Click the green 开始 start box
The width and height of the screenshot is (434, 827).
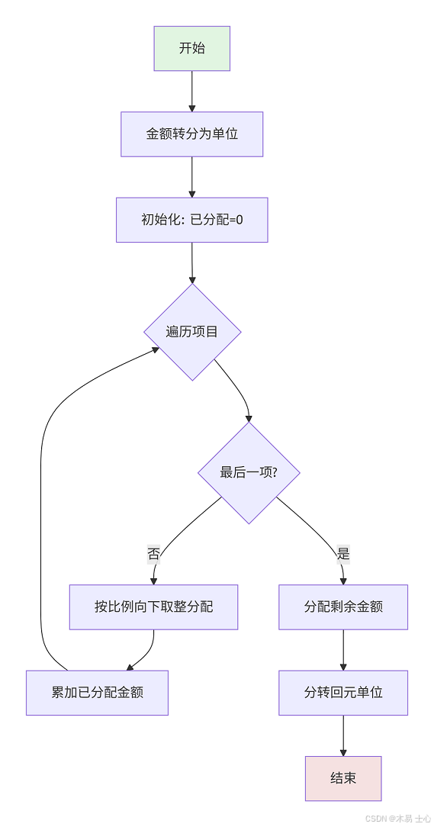click(191, 49)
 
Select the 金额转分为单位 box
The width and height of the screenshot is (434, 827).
click(191, 134)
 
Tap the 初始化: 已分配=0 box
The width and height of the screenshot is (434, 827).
click(191, 220)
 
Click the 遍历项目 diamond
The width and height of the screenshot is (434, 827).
click(192, 332)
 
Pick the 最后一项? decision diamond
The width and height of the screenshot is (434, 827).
click(249, 472)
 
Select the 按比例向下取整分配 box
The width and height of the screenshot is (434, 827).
click(153, 607)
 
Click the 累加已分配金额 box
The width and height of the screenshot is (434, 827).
click(97, 693)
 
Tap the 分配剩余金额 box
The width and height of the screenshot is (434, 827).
click(343, 607)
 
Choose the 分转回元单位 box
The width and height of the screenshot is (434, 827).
click(343, 693)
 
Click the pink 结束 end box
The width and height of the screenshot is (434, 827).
click(343, 778)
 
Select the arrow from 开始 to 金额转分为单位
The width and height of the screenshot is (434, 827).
click(191, 92)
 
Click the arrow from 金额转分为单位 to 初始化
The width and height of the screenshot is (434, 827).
click(191, 177)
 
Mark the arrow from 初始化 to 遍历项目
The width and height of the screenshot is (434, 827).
click(191, 263)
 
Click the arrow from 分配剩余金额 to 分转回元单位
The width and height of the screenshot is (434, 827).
click(343, 650)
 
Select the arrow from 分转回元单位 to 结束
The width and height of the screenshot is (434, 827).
click(343, 735)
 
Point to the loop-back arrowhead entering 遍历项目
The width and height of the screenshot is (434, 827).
click(155, 349)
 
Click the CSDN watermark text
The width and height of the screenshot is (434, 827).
click(397, 819)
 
